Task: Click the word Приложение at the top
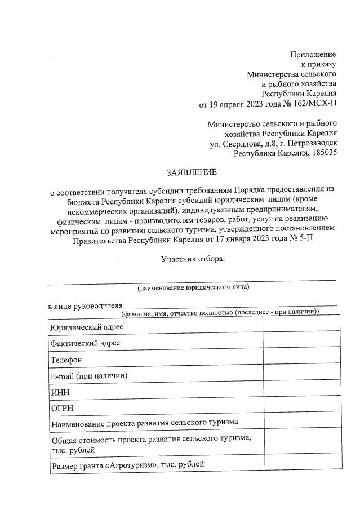coord(313,54)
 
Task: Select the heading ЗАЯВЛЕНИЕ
coord(191,171)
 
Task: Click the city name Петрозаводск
coord(310,143)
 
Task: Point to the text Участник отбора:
coord(193,259)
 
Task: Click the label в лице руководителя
coord(85,306)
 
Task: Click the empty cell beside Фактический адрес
coord(301,343)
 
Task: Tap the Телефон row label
coord(66,360)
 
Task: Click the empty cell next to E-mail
coord(301,375)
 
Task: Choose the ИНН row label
coord(60,392)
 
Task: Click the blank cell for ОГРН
coord(301,407)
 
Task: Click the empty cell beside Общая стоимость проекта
coord(301,443)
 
